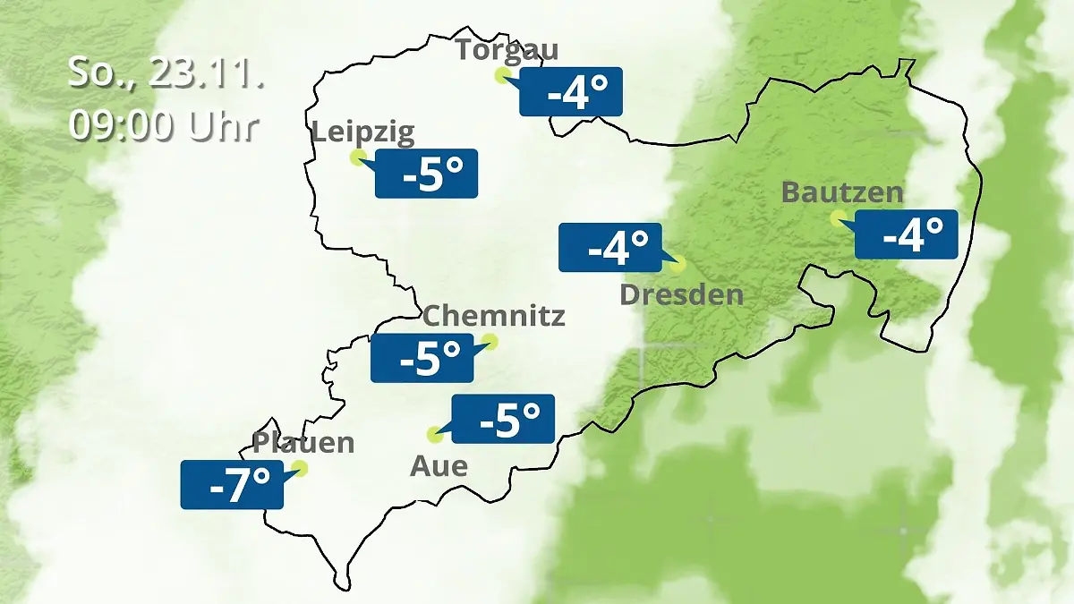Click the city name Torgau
point(507,49)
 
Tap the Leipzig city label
point(363,133)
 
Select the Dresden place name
point(682,294)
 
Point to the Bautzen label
point(842,192)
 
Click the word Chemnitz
point(493,316)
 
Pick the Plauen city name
point(303,442)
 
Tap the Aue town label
point(439,466)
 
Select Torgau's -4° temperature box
point(571,92)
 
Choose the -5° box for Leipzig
point(426,174)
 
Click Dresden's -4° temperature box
point(610,247)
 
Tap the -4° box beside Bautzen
point(906,234)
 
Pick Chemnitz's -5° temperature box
point(422,358)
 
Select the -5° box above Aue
point(503,419)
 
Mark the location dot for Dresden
point(678,264)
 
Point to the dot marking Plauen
point(299,468)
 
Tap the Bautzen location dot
point(838,217)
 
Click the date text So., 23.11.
point(166,73)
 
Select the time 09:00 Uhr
point(164,126)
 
